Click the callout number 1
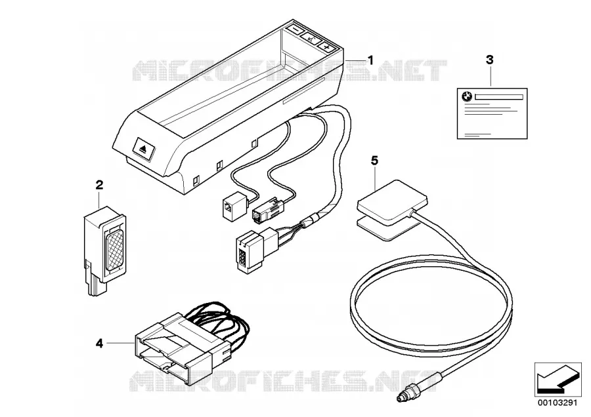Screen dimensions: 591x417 pyautogui.click(x=370, y=60)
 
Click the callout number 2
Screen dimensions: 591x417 pyautogui.click(x=99, y=185)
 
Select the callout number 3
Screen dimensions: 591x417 pyautogui.click(x=490, y=60)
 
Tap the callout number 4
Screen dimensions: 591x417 pyautogui.click(x=99, y=343)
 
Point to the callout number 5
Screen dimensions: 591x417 pyautogui.click(x=374, y=161)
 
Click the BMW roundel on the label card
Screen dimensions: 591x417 pyautogui.click(x=467, y=97)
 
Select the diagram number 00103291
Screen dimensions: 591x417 pyautogui.click(x=558, y=403)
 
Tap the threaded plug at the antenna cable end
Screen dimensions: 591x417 pyautogui.click(x=405, y=395)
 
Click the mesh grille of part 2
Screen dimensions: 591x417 pyautogui.click(x=116, y=250)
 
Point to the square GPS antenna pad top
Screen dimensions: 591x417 pyautogui.click(x=392, y=203)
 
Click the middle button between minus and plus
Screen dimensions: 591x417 pyautogui.click(x=311, y=38)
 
